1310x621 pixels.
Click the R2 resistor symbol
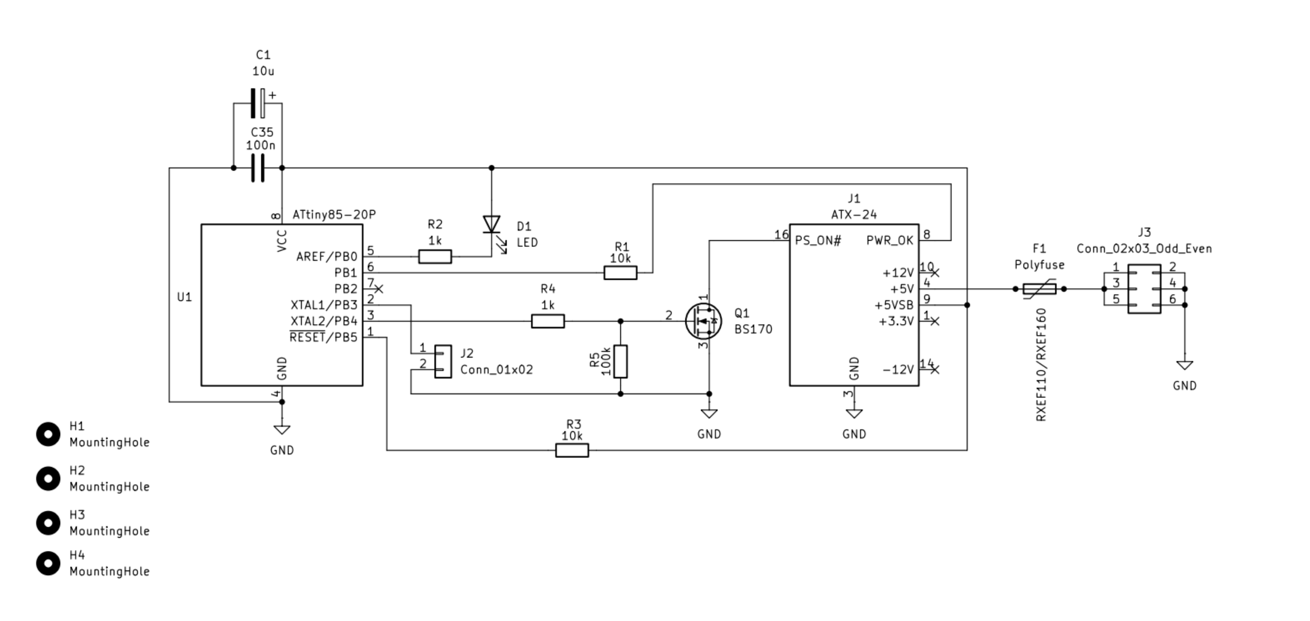tap(435, 256)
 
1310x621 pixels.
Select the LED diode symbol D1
tap(491, 224)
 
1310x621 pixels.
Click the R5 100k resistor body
tap(620, 361)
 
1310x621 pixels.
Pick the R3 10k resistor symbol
tap(572, 450)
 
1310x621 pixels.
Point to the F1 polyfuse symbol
tap(1040, 289)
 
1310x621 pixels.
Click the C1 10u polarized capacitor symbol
tap(258, 103)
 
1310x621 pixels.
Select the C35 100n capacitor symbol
tap(258, 168)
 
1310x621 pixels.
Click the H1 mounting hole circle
tap(48, 434)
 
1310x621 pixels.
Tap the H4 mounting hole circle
tap(48, 563)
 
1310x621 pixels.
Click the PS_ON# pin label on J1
tap(818, 241)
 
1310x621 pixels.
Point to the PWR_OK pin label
tap(889, 241)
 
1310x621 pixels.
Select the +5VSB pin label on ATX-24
tap(894, 305)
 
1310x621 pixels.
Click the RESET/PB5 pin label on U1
tap(323, 337)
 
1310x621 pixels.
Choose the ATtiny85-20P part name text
tap(334, 215)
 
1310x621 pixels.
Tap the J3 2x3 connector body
tap(1144, 289)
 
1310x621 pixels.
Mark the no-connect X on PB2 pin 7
tap(378, 289)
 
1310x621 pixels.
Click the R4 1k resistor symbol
tap(548, 321)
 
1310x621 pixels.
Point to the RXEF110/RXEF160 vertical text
tap(1041, 365)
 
